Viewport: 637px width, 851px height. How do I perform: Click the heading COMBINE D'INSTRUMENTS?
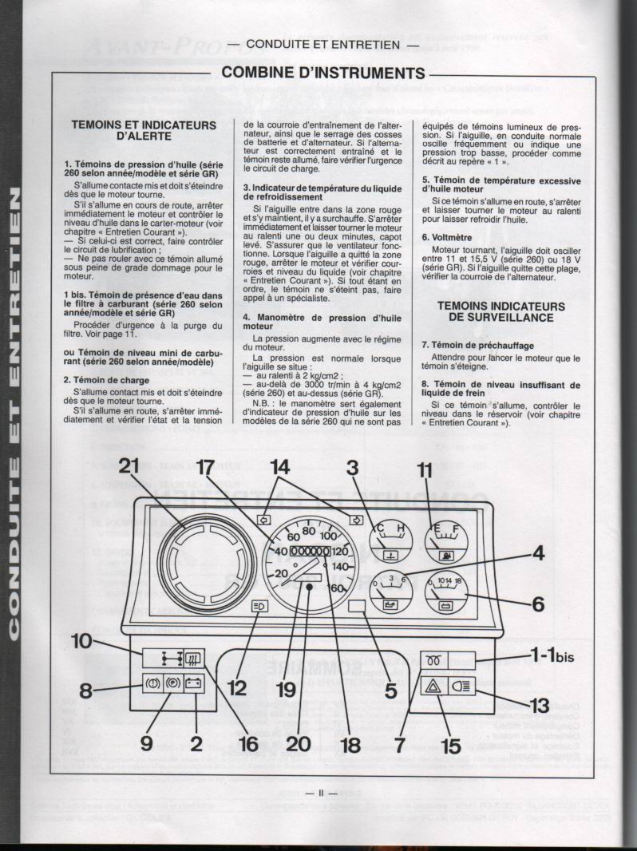click(x=322, y=73)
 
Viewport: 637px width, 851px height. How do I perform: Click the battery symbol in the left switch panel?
click(x=193, y=684)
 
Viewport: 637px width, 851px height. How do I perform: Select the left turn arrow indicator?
click(x=263, y=519)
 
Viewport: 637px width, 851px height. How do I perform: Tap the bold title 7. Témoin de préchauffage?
click(x=479, y=344)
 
